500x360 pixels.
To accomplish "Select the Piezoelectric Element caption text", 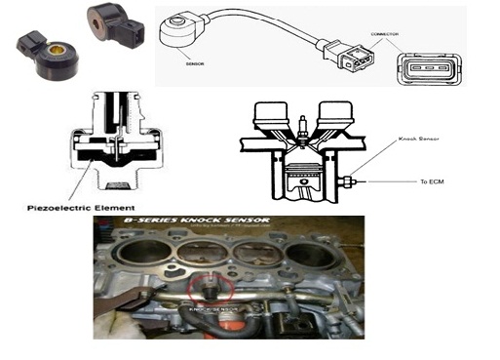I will pyautogui.click(x=78, y=208).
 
